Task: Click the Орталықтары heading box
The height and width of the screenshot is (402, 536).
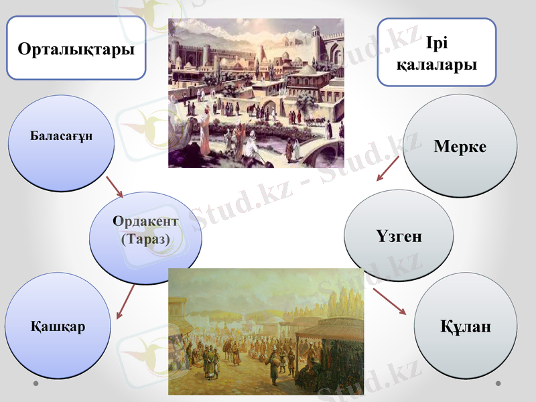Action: point(76,48)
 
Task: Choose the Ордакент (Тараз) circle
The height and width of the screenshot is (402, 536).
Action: point(145,238)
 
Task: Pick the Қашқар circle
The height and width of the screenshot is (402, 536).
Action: point(57,326)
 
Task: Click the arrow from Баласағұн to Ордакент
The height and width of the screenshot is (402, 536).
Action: point(115,188)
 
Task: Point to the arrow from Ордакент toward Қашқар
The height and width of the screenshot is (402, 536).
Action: point(125,301)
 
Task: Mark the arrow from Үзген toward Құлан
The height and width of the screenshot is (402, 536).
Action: point(389,301)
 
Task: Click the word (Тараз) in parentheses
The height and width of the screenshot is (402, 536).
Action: point(145,239)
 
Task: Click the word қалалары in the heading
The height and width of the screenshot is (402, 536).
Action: point(436,65)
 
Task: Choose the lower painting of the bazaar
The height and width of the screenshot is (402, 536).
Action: point(266,332)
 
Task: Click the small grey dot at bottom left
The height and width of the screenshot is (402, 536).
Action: point(37,383)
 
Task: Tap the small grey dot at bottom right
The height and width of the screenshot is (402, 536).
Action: point(498,383)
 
